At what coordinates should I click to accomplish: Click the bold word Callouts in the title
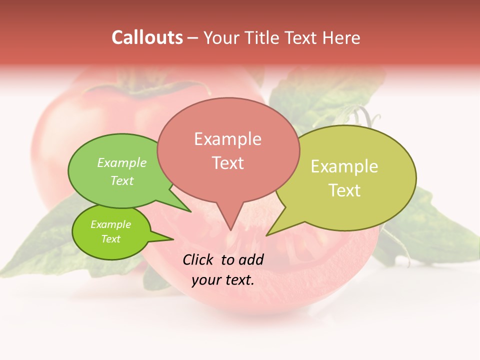pyautogui.click(x=147, y=37)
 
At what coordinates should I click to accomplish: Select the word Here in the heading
pyautogui.click(x=340, y=37)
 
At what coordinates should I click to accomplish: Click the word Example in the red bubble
pyautogui.click(x=227, y=139)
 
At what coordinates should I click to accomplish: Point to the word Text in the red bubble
pyautogui.click(x=227, y=163)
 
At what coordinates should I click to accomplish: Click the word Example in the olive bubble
pyautogui.click(x=344, y=166)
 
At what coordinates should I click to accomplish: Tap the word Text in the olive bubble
pyautogui.click(x=344, y=190)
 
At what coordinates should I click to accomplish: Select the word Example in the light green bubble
pyautogui.click(x=122, y=162)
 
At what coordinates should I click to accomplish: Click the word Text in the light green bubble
pyautogui.click(x=122, y=180)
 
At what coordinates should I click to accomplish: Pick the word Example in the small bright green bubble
pyautogui.click(x=110, y=224)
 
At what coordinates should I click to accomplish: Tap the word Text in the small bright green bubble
pyautogui.click(x=110, y=239)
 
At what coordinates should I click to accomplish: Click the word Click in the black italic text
pyautogui.click(x=198, y=259)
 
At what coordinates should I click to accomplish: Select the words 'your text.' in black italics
pyautogui.click(x=223, y=280)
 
